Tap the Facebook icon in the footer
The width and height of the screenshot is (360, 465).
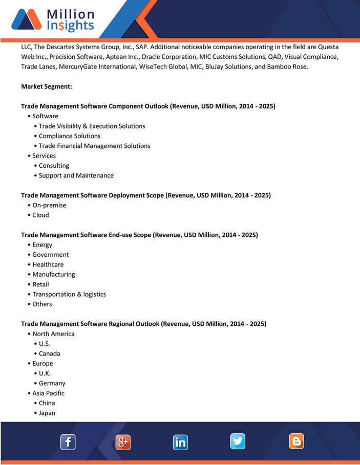[68, 442]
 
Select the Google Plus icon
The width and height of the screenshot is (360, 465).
[123, 442]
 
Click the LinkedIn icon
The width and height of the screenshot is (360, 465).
[180, 442]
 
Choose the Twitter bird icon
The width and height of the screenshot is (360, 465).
[238, 441]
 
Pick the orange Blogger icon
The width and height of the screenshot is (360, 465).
[296, 441]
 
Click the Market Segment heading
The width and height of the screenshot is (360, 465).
[47, 86]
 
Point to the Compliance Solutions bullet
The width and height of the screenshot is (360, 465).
[70, 136]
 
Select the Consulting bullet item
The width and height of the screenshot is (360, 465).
[54, 166]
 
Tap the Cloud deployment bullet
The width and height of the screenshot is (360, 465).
[40, 215]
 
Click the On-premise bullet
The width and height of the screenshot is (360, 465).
[49, 205]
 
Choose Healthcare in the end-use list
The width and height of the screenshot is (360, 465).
[48, 264]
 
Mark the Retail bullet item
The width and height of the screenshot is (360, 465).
[41, 284]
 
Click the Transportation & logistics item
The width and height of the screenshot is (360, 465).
[69, 294]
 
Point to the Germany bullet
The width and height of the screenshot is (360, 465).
[52, 383]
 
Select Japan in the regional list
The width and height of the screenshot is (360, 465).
[47, 413]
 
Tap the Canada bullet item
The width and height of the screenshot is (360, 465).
[49, 353]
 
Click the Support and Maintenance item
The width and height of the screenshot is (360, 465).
[76, 175]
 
